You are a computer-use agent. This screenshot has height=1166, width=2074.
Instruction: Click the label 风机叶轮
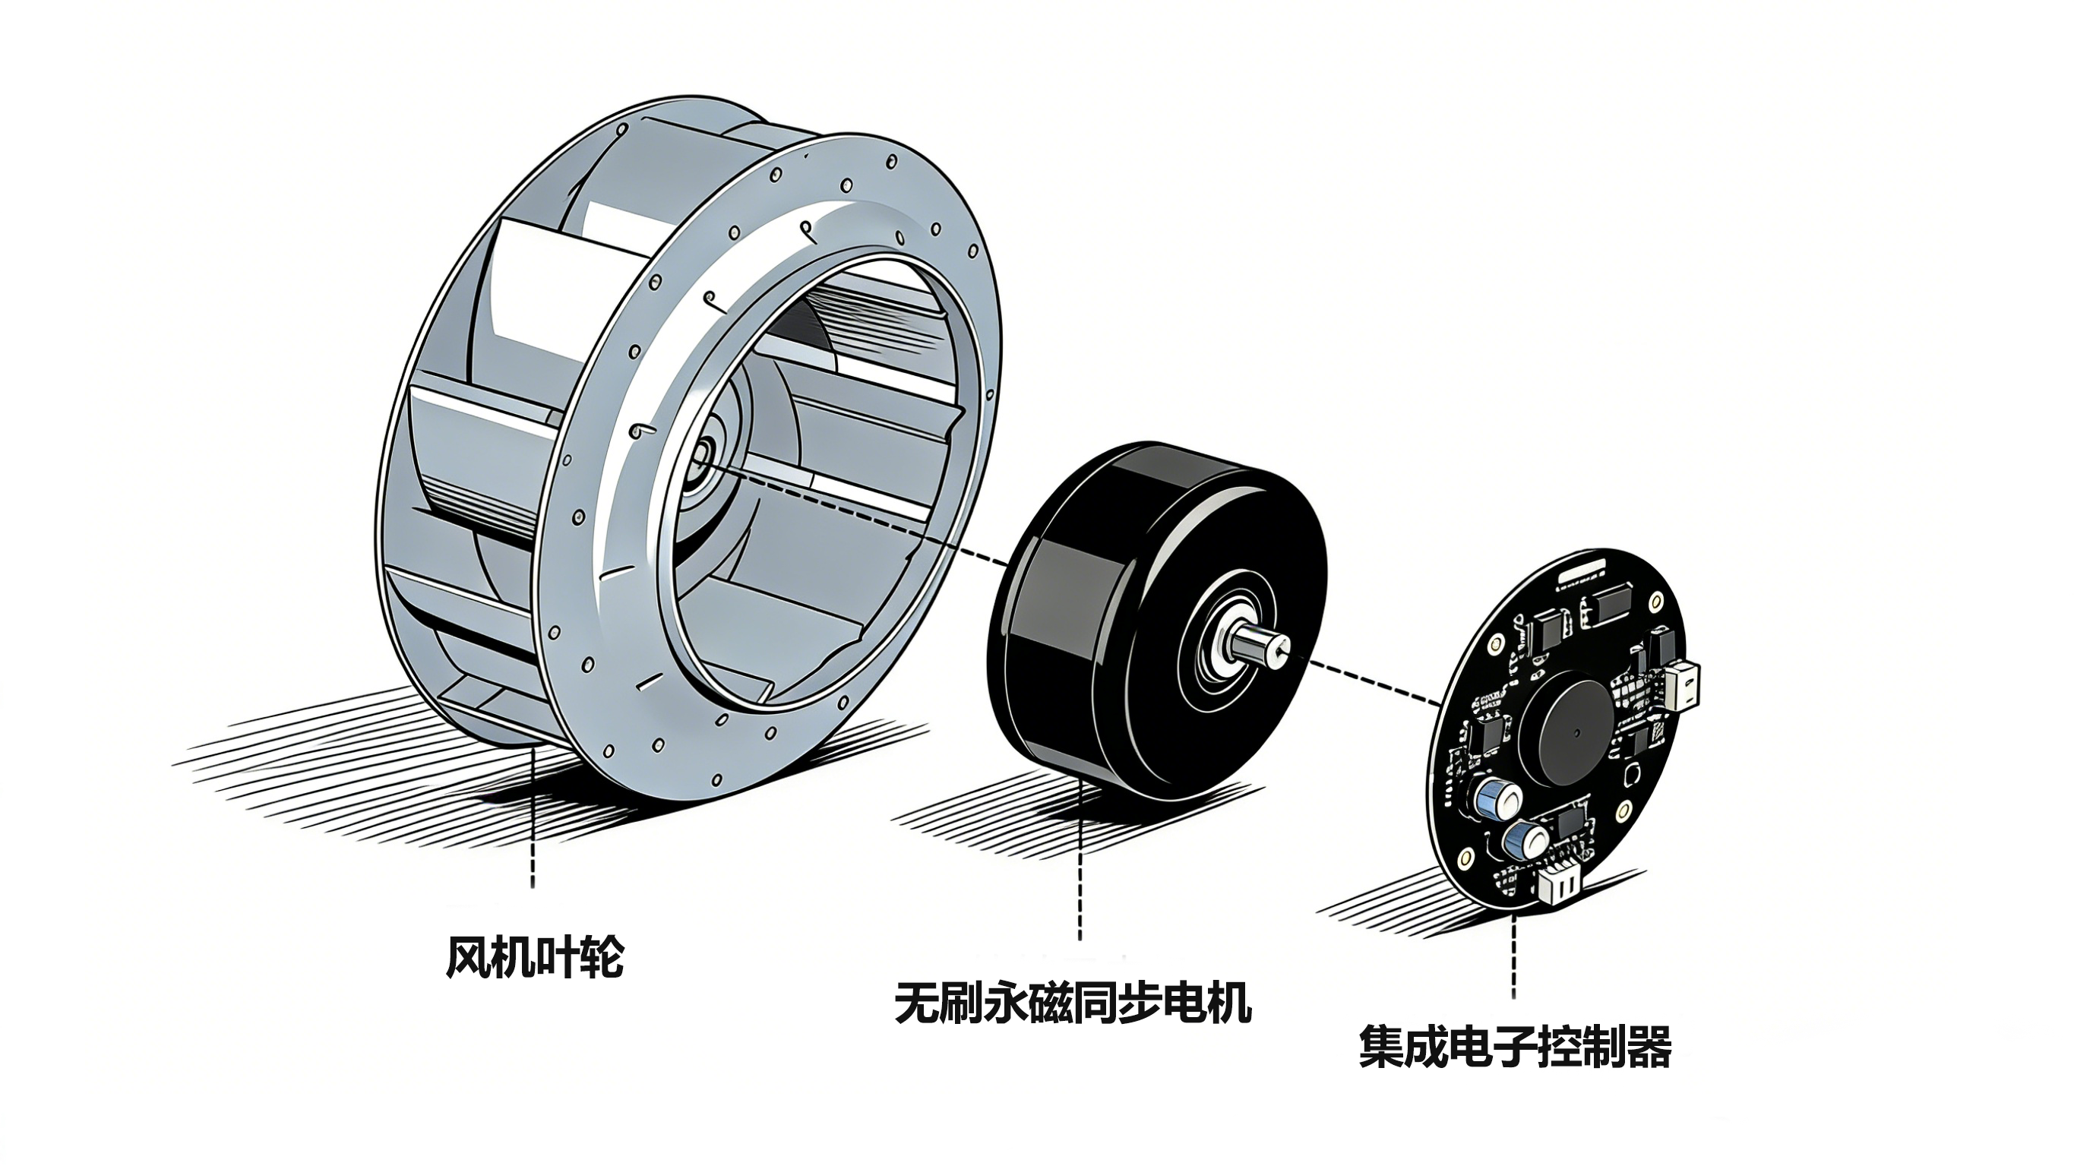[535, 957]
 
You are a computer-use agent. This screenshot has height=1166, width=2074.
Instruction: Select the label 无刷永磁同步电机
[1073, 1003]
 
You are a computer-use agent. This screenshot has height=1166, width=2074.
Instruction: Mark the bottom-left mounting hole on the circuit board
[1466, 855]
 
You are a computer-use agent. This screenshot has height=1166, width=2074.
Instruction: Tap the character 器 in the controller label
[1649, 1047]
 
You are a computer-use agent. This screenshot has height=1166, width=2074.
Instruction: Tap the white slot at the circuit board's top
[1582, 577]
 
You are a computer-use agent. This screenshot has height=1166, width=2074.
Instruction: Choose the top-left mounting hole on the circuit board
[1496, 645]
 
